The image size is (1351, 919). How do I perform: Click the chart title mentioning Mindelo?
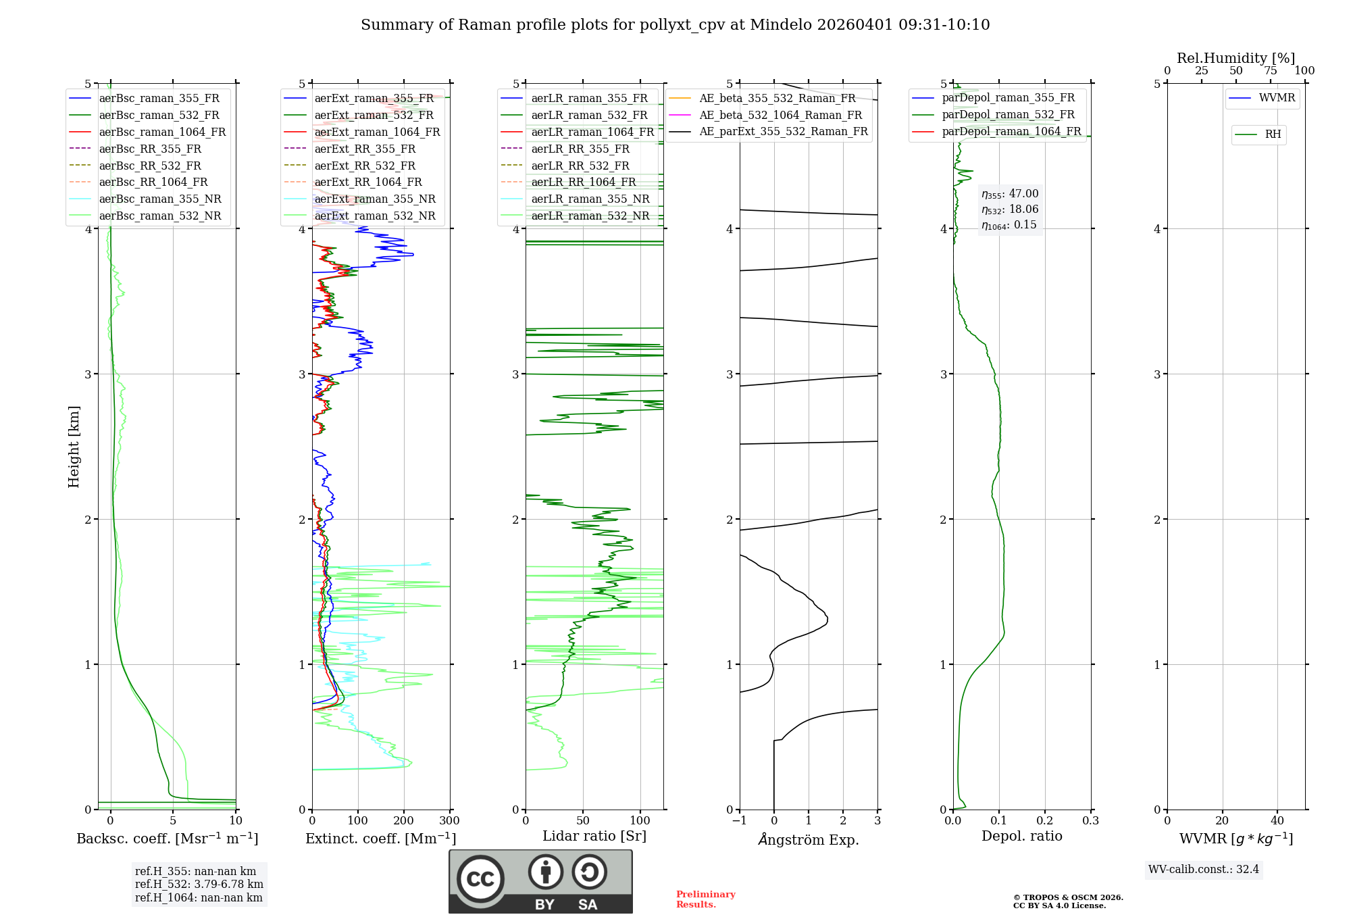coord(675,25)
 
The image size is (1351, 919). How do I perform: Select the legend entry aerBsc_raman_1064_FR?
coord(162,132)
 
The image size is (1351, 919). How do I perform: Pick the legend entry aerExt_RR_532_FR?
coord(365,166)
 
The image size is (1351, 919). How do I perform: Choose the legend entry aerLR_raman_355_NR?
coord(590,199)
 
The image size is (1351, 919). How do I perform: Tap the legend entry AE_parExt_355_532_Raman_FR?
coord(783,131)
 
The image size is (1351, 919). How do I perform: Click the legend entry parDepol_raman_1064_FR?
coord(1011,131)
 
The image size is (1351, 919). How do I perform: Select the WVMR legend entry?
coord(1277,98)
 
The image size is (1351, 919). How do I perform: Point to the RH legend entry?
coord(1273,134)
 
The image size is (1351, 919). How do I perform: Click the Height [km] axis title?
coord(74,447)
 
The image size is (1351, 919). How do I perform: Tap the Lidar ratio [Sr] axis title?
coord(594,836)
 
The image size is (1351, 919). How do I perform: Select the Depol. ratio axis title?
coord(1021,836)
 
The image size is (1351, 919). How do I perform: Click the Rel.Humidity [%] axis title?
coord(1235,58)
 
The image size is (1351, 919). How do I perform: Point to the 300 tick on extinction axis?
coord(450,821)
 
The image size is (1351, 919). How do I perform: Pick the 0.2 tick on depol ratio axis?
coord(1045,821)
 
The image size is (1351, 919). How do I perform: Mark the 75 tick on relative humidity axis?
coord(1271,71)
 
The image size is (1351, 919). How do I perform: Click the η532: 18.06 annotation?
coord(1010,209)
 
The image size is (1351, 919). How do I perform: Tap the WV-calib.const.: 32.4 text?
coord(1204,869)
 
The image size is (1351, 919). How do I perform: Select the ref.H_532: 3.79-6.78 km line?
coord(199,885)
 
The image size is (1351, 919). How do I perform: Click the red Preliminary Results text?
coord(705,899)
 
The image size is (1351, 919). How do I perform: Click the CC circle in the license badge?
coord(480,879)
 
